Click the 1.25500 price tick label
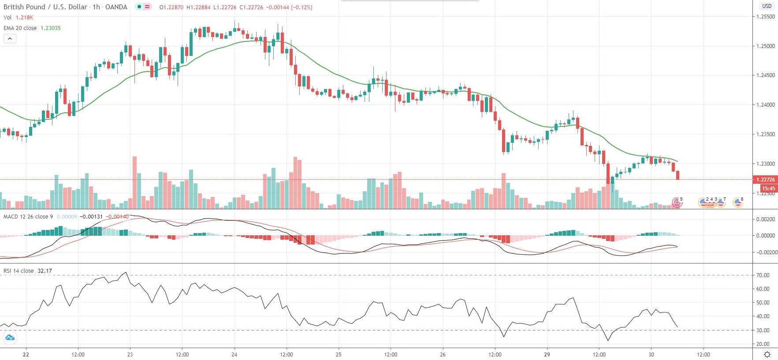765,17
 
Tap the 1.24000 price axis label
765,105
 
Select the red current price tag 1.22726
765,179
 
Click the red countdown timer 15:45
768,188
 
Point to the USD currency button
767,6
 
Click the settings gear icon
767,355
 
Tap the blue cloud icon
9,338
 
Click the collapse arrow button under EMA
10,38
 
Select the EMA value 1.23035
51,28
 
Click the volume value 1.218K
24,17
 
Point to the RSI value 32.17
45,271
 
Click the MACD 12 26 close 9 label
28,216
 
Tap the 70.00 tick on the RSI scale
763,275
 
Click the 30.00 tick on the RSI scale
763,330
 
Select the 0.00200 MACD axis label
765,219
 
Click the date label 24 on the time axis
234,354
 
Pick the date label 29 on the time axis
547,354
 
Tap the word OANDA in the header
116,7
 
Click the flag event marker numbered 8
737,202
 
